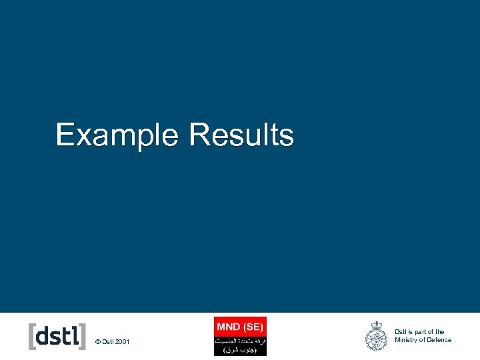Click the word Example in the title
tap(117, 135)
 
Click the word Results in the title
tap(241, 135)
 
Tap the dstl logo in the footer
tap(57, 336)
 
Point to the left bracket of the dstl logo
tap(31, 336)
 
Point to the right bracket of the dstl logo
tap(83, 336)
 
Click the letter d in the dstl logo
tap(42, 335)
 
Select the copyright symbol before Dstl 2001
tap(98, 342)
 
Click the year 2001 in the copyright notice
tap(123, 342)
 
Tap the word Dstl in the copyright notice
tap(108, 342)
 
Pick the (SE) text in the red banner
tap(253, 326)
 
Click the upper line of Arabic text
tap(240, 340)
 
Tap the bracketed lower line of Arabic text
tap(240, 349)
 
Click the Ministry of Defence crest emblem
tap(376, 336)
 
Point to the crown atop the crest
tap(376, 325)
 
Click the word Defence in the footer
tap(439, 340)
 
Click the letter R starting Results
tap(198, 135)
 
